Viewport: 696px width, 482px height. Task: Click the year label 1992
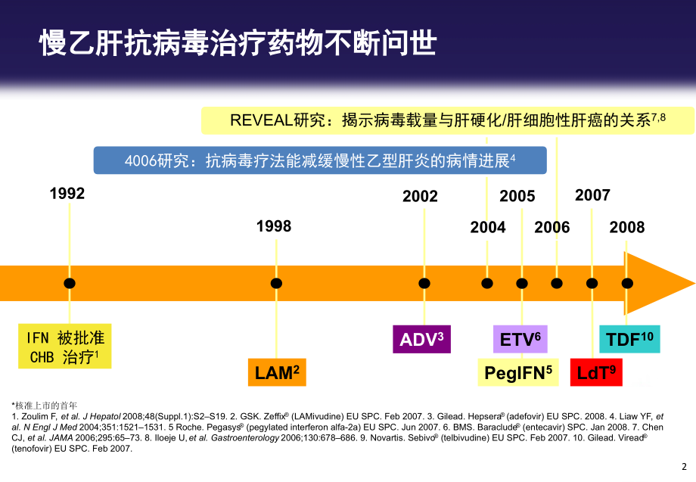(67, 193)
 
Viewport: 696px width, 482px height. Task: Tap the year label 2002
(420, 196)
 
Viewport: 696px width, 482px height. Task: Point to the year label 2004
(488, 227)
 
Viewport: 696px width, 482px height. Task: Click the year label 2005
(517, 196)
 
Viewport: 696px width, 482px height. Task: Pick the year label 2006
(552, 227)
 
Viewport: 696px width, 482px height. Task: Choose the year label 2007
(592, 195)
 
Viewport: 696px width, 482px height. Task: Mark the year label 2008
(627, 227)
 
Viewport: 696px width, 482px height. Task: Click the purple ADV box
(421, 339)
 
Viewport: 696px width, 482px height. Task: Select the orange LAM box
(276, 372)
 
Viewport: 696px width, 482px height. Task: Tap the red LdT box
(596, 372)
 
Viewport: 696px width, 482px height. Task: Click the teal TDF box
(629, 339)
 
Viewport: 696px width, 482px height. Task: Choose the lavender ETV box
(520, 339)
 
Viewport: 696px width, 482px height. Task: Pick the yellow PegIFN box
(517, 372)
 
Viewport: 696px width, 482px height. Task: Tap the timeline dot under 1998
(277, 283)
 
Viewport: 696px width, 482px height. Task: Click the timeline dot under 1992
(70, 283)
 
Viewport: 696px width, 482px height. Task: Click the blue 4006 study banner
(319, 160)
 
